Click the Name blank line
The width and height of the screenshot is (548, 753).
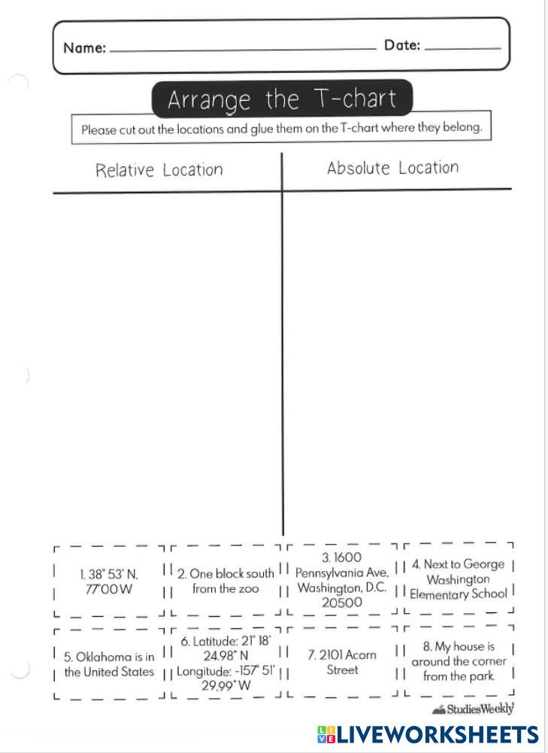(x=242, y=50)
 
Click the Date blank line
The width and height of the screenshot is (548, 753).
(x=462, y=49)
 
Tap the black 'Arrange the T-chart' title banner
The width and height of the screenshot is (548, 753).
(x=282, y=99)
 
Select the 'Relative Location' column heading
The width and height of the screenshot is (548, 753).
(x=159, y=170)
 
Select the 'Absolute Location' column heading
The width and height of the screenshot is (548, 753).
(x=392, y=168)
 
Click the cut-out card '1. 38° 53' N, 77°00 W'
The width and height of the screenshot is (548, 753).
(x=108, y=581)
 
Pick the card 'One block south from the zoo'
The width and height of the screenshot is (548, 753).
(x=226, y=581)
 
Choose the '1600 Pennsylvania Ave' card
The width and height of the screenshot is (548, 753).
(x=341, y=579)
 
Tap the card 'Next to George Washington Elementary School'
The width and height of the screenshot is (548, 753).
(x=458, y=579)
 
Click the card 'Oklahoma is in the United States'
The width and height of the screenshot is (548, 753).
(x=108, y=664)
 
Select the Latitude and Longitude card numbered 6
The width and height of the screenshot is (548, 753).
(x=226, y=663)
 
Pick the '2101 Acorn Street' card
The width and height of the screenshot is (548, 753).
(x=341, y=662)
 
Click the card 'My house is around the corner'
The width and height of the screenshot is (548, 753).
(x=459, y=661)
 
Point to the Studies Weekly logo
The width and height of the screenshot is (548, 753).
(x=474, y=709)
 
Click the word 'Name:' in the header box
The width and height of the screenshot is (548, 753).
(x=84, y=48)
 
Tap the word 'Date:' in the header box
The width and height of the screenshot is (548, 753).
(x=402, y=45)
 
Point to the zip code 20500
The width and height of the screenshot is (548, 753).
(x=342, y=603)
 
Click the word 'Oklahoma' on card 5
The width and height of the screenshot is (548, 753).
(x=98, y=657)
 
